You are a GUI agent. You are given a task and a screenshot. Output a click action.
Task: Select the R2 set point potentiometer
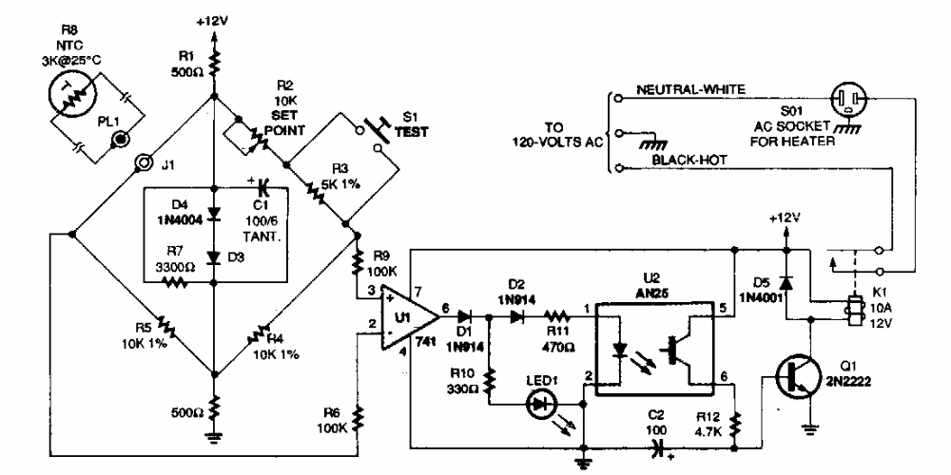(x=249, y=139)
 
